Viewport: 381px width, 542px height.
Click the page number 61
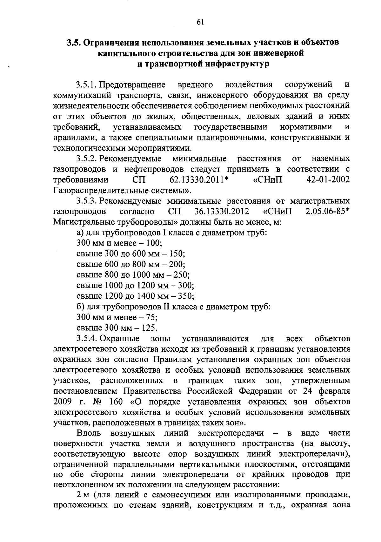[200, 22]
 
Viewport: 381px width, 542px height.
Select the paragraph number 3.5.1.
[87, 85]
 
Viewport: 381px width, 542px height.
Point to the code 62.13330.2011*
[199, 180]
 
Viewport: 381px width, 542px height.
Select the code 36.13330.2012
[221, 212]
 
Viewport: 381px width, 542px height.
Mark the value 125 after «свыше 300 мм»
[150, 328]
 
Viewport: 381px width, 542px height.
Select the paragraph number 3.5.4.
[87, 339]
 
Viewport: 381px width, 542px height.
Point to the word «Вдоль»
[89, 433]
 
